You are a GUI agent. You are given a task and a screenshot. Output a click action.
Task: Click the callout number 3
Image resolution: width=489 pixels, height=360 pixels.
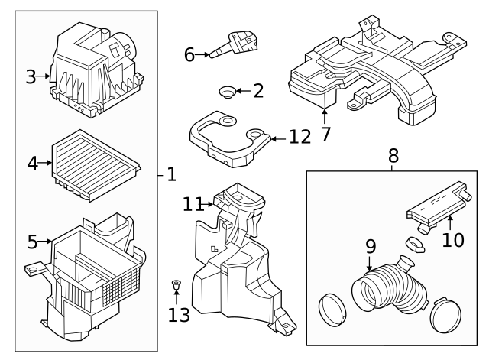[x=31, y=76]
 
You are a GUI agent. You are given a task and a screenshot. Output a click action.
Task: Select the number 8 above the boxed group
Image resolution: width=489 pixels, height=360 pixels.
[x=393, y=157]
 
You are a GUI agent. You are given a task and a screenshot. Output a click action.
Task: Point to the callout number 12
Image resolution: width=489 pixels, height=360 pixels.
[x=300, y=138]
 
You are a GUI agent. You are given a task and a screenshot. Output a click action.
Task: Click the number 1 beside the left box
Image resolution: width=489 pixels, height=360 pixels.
[x=171, y=175]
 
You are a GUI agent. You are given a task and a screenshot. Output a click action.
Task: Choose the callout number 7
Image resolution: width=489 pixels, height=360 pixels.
[x=325, y=135]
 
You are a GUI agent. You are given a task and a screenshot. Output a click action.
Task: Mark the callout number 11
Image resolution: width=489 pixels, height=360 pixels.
[x=192, y=204]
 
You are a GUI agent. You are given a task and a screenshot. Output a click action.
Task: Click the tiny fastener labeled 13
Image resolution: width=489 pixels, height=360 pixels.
[x=176, y=287]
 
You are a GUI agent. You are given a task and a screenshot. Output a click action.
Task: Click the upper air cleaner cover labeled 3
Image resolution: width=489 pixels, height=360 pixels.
[x=96, y=73]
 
